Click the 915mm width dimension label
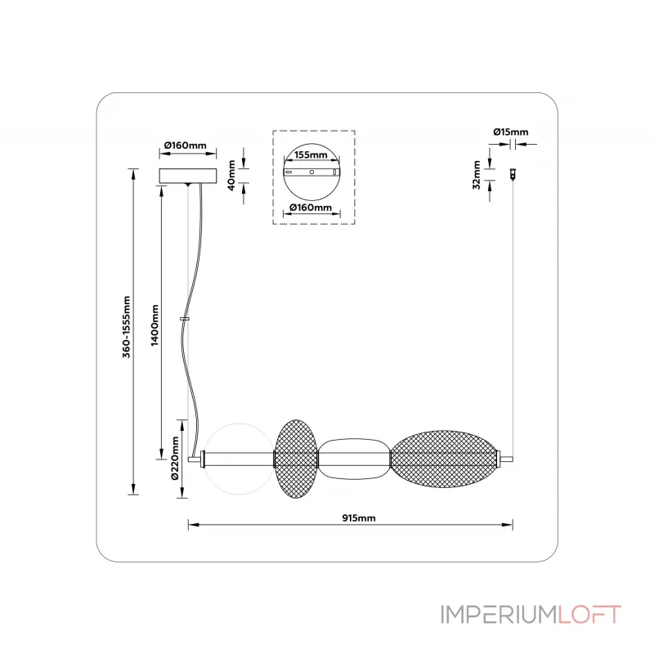[358, 517]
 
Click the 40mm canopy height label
[232, 174]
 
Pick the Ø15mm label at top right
[511, 132]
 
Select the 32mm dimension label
[476, 174]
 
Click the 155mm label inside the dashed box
[311, 155]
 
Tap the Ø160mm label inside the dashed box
[311, 208]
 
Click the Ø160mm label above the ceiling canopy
[185, 145]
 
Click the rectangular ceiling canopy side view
[189, 177]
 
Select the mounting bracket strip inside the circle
[311, 173]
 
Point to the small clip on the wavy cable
[186, 318]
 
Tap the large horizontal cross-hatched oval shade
[442, 459]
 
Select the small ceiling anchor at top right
[513, 174]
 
